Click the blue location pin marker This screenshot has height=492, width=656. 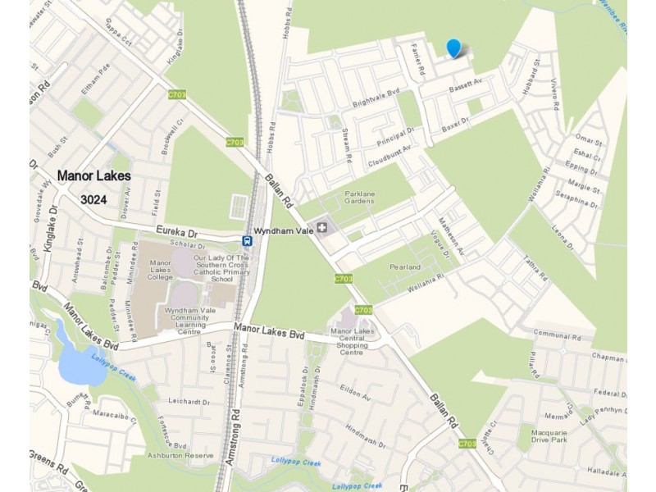(453, 48)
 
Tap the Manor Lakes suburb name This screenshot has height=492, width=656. (94, 175)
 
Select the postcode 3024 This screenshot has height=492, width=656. (96, 199)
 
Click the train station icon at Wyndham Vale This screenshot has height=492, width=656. (247, 240)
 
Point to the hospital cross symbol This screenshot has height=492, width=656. (322, 226)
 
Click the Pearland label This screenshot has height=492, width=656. (404, 267)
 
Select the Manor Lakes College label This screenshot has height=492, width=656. (160, 270)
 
